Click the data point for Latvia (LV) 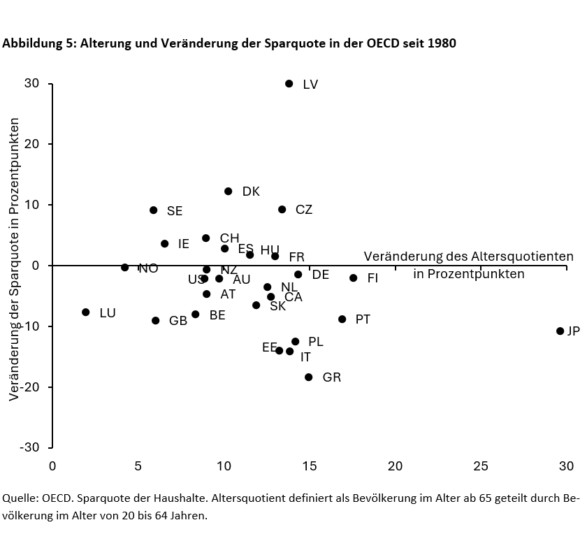pyautogui.click(x=289, y=84)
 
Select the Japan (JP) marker pyautogui.click(x=560, y=331)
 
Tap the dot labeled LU pyautogui.click(x=86, y=312)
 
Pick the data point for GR pyautogui.click(x=309, y=377)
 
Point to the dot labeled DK pyautogui.click(x=229, y=192)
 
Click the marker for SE pyautogui.click(x=154, y=210)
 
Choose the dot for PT pyautogui.click(x=342, y=319)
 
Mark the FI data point pyautogui.click(x=354, y=278)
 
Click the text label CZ pyautogui.click(x=304, y=210)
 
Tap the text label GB pyautogui.click(x=178, y=321)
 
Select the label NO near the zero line pyautogui.click(x=148, y=268)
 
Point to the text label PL pyautogui.click(x=316, y=342)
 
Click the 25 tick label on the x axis pyautogui.click(x=481, y=466)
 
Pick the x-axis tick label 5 pyautogui.click(x=138, y=466)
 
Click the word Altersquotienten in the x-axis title pyautogui.click(x=522, y=257)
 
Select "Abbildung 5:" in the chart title pyautogui.click(x=39, y=43)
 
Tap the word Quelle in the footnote pyautogui.click(x=20, y=498)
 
